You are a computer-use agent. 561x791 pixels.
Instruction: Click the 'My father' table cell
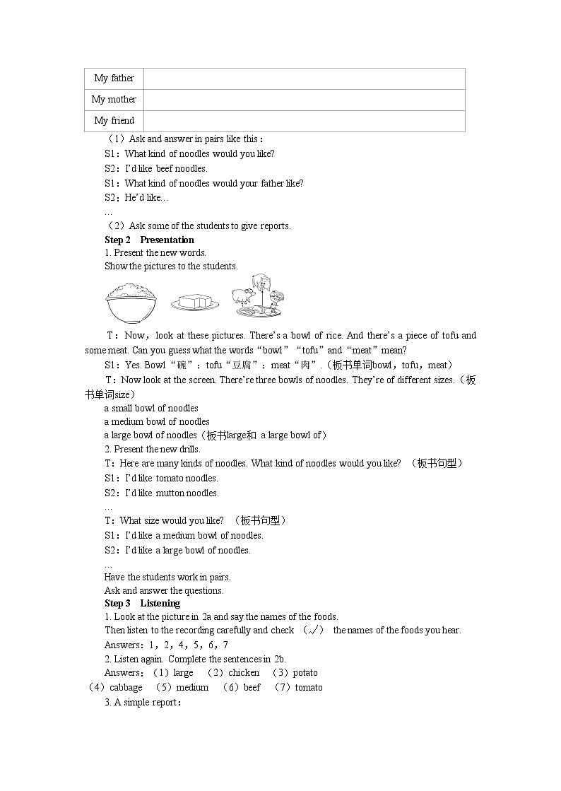tap(114, 78)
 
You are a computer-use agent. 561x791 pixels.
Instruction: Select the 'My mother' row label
tap(114, 100)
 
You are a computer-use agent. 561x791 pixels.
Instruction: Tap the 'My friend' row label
tap(114, 121)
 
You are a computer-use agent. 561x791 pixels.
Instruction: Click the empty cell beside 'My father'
tap(304, 78)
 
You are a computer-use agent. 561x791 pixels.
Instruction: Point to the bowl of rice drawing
tap(132, 300)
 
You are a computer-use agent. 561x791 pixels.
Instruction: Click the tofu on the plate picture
tap(195, 303)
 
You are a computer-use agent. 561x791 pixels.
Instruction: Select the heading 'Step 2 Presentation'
tap(149, 240)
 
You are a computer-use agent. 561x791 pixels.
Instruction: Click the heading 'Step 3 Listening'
tap(142, 603)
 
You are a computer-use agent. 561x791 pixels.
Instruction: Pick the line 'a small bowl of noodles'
tap(151, 408)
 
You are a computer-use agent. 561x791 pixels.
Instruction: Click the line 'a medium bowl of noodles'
tap(157, 421)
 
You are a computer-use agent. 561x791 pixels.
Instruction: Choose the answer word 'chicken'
tap(244, 673)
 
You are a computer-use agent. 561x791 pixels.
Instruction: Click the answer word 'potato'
tap(305, 673)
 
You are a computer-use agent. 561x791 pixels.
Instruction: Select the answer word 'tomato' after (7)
tap(309, 687)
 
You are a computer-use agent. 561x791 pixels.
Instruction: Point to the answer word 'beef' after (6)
tap(252, 687)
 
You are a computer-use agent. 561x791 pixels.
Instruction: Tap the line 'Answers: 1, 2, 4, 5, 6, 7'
tap(166, 645)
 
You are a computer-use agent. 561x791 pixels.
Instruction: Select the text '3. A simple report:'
tap(143, 703)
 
